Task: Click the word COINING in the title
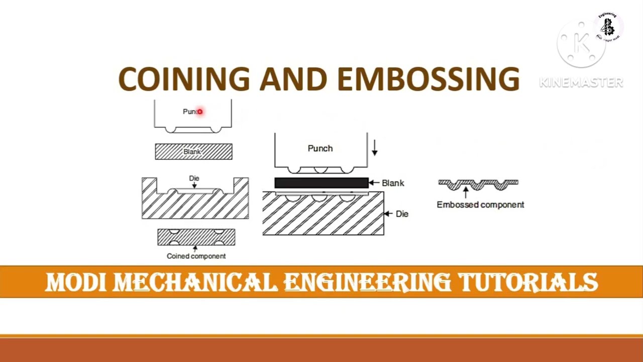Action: coord(184,79)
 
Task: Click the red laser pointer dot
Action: coord(199,112)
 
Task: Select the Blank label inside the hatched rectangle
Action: coord(192,151)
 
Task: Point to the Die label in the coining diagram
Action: coord(194,178)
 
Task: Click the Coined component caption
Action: coord(196,256)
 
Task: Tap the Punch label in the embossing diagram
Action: coord(320,148)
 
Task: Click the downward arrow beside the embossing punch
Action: coord(374,148)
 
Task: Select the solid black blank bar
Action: coord(321,183)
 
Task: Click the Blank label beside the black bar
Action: coord(393,183)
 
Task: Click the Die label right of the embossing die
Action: coord(402,214)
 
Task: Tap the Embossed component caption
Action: coord(480,205)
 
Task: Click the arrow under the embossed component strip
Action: coord(466,193)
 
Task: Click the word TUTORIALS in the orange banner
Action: coord(528,283)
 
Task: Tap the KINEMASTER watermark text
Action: coord(581,82)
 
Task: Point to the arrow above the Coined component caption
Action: coord(195,248)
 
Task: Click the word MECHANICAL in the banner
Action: coord(195,283)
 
